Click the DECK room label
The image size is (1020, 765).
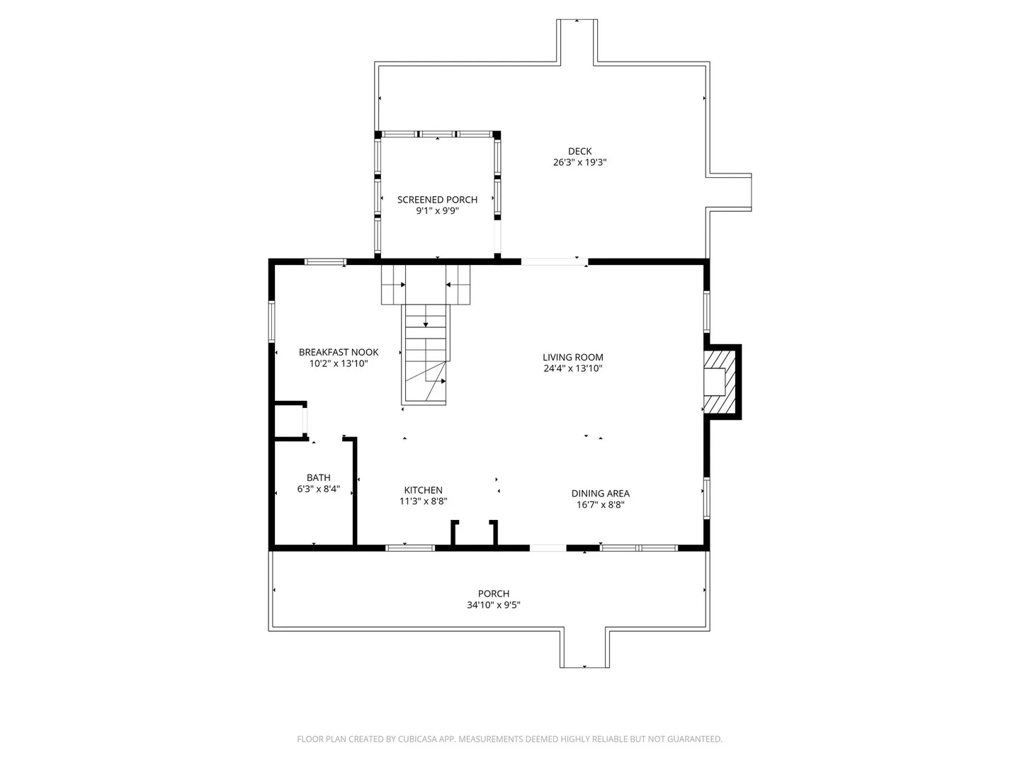point(579,151)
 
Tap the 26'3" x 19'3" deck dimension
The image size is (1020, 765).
point(579,162)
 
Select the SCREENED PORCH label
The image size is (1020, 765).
point(437,200)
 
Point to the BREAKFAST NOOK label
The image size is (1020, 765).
point(339,352)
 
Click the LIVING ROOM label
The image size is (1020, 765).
point(573,357)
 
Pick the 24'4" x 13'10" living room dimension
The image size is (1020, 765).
point(573,368)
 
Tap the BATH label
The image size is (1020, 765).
point(319,477)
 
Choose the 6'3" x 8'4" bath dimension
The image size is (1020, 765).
point(319,489)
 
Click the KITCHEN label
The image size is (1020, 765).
point(424,490)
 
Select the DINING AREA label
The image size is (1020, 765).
point(601,493)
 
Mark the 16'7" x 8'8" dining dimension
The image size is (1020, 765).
point(601,504)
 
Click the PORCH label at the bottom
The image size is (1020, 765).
point(494,594)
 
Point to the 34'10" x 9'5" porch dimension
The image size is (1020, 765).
point(494,605)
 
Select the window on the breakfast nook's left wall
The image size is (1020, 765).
point(271,322)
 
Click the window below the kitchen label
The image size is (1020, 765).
point(410,548)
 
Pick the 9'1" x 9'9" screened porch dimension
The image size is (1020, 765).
point(437,211)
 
